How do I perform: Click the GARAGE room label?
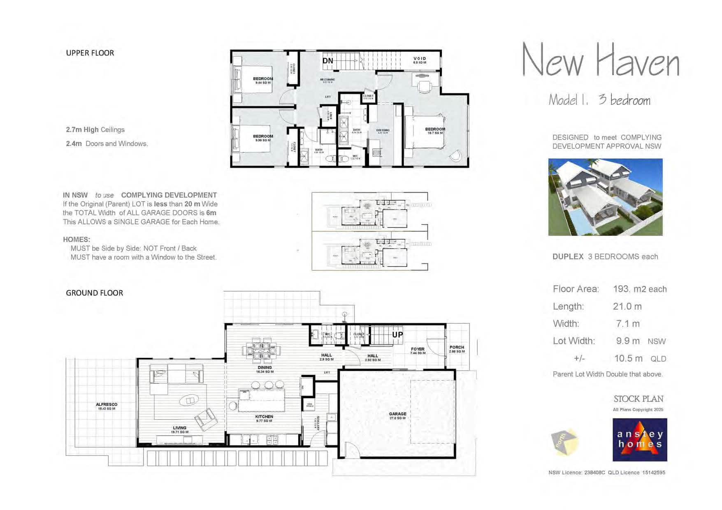point(397,414)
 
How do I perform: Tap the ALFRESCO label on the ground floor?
point(107,405)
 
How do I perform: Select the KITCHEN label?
point(264,417)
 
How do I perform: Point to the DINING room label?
point(265,368)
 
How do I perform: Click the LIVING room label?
point(180,428)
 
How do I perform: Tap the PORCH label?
point(457,348)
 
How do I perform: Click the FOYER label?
point(418,349)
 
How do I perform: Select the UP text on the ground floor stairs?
point(397,335)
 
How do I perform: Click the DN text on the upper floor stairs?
point(328,61)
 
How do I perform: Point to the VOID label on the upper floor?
point(420,59)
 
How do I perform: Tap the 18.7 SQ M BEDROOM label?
point(435,129)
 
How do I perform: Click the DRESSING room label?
point(383,131)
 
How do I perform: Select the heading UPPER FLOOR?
point(90,53)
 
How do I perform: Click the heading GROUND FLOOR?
point(95,293)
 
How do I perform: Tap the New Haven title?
point(601,61)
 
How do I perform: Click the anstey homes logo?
point(639,440)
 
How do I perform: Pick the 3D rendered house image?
point(605,197)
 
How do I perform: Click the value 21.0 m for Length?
point(627,307)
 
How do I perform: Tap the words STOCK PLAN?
point(638,399)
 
